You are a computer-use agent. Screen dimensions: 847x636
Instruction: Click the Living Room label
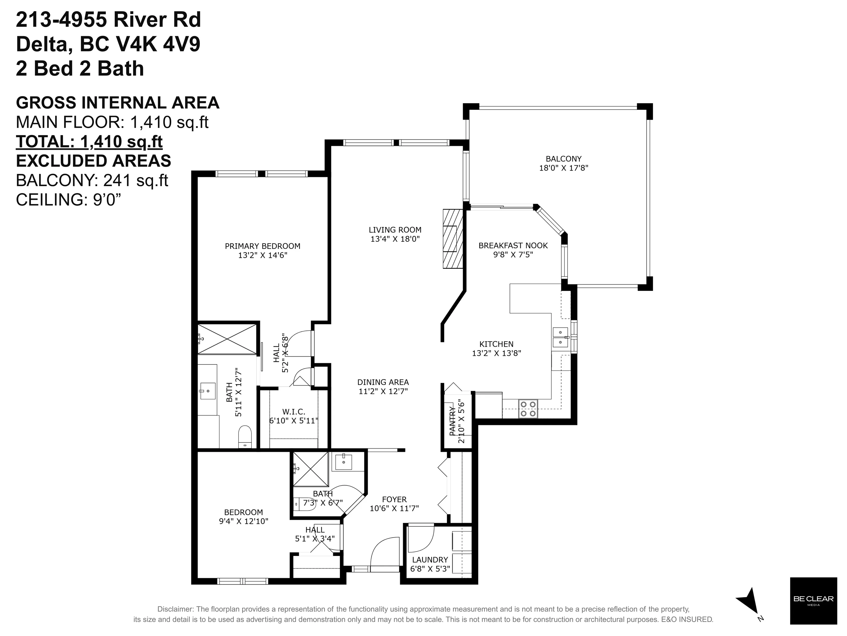point(395,230)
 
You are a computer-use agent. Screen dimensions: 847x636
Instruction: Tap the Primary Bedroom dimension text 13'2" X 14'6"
point(262,255)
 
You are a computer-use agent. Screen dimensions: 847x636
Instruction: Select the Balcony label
point(563,159)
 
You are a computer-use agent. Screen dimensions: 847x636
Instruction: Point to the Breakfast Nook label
point(513,246)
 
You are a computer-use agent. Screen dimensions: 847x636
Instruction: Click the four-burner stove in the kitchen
point(528,409)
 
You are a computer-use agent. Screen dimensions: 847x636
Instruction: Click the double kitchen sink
point(560,337)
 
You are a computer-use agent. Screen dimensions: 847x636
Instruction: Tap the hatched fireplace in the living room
point(453,239)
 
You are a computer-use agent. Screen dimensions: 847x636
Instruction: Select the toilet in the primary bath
point(245,436)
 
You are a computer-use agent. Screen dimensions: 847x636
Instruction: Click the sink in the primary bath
point(207,391)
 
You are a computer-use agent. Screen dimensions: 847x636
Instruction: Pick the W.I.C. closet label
point(294,412)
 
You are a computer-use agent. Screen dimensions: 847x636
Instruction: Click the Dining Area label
point(383,382)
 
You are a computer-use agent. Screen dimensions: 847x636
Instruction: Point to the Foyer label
point(394,500)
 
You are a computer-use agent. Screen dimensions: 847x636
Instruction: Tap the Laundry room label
point(430,560)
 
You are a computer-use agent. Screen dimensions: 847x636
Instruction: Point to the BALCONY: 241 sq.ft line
point(92,180)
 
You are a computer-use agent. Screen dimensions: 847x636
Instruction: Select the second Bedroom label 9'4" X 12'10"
point(244,517)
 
